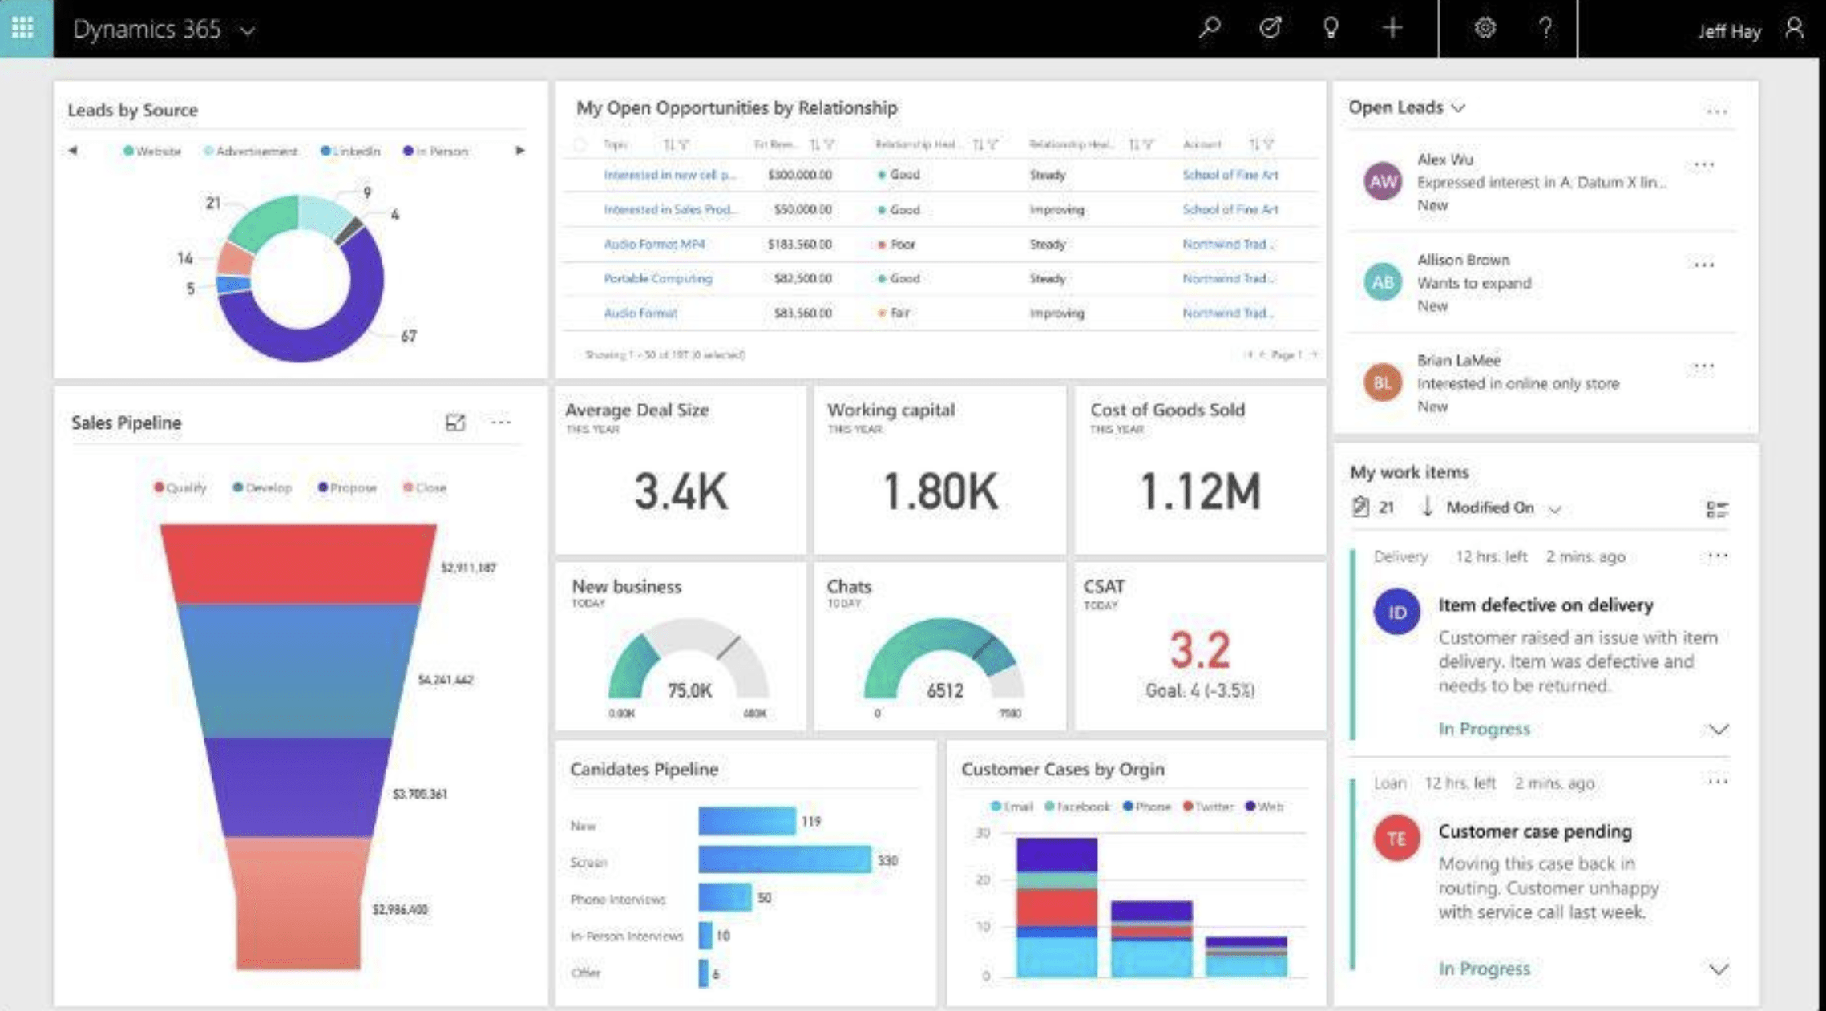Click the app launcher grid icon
(x=23, y=28)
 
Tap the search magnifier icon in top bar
(x=1210, y=28)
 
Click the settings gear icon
(x=1485, y=28)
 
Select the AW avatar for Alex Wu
(x=1383, y=181)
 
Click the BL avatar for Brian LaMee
(x=1383, y=383)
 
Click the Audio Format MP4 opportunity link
(x=654, y=244)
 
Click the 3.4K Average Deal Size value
(x=681, y=491)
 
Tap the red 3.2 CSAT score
(x=1199, y=649)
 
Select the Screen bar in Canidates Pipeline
(x=784, y=859)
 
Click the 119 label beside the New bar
(x=811, y=821)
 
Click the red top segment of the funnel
(x=298, y=563)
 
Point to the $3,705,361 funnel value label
(x=419, y=794)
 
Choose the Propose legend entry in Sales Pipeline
(x=347, y=487)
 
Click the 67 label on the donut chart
(x=409, y=336)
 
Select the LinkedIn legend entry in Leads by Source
(x=350, y=151)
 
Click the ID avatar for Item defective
(x=1396, y=612)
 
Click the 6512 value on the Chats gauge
(x=944, y=690)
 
